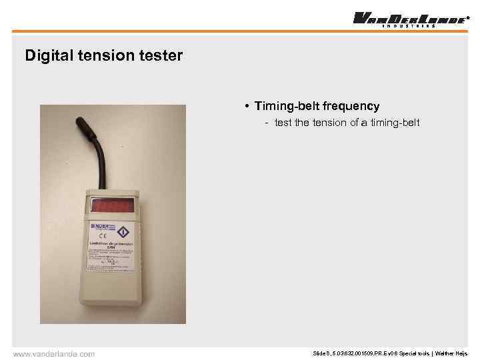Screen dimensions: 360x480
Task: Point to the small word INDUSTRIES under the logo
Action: [x=409, y=26]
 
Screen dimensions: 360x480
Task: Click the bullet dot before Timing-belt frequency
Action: [x=247, y=107]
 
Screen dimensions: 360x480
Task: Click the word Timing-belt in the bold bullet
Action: [x=285, y=106]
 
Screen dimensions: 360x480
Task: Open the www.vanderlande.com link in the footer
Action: [x=54, y=353]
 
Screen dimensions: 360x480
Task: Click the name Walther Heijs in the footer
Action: [x=452, y=353]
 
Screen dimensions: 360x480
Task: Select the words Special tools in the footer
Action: [x=413, y=353]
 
